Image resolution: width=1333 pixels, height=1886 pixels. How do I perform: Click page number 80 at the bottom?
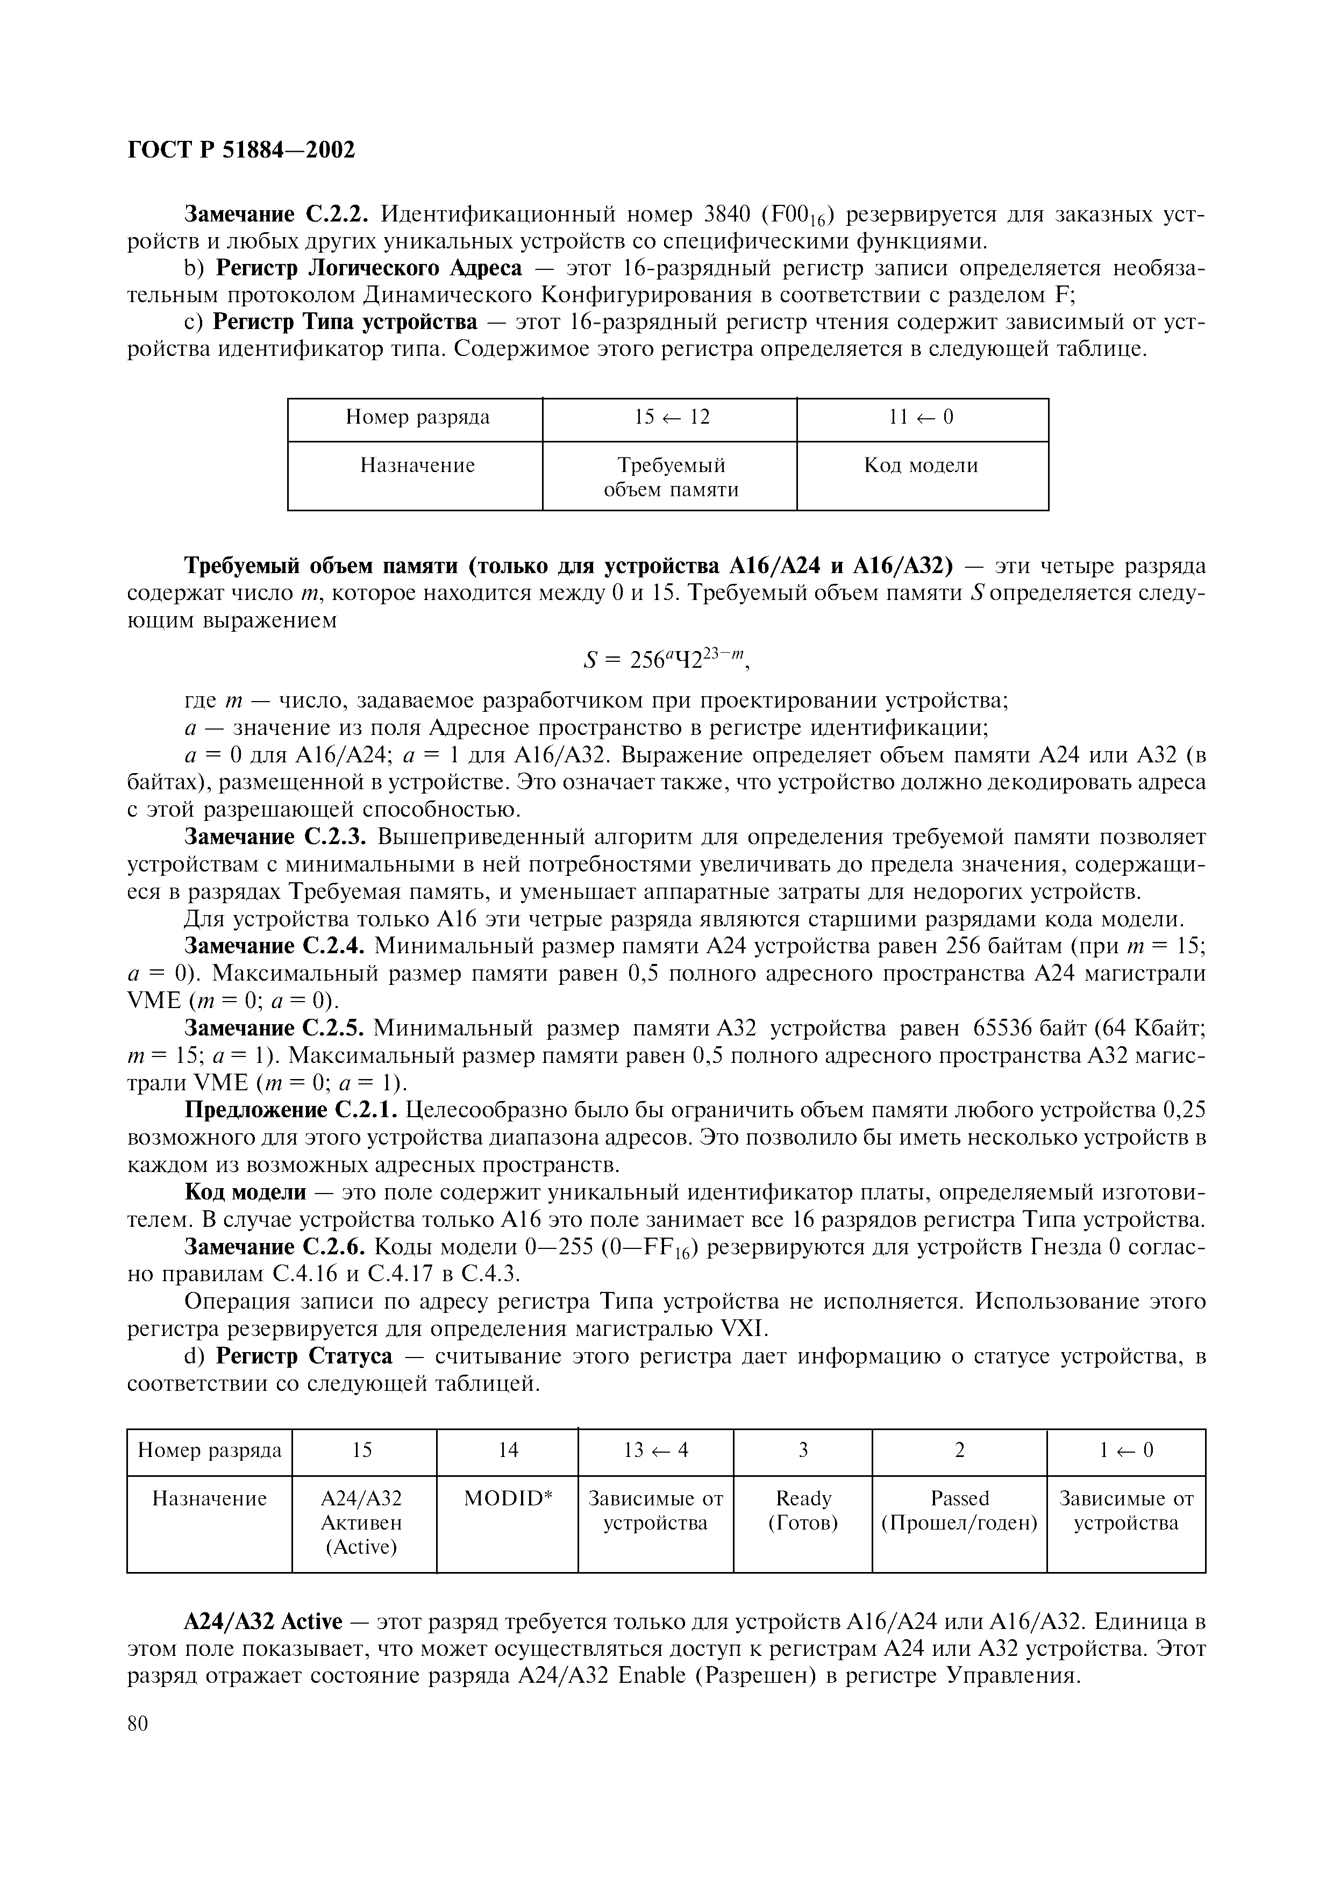[138, 1723]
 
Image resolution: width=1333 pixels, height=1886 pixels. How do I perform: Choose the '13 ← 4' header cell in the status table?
[655, 1451]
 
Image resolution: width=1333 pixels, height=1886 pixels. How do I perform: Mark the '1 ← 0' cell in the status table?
[1125, 1451]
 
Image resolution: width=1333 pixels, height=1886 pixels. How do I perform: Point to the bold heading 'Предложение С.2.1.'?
[291, 1111]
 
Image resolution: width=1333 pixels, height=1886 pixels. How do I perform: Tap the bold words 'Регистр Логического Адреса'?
[367, 269]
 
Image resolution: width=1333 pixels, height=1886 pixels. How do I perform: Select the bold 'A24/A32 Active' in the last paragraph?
[261, 1623]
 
